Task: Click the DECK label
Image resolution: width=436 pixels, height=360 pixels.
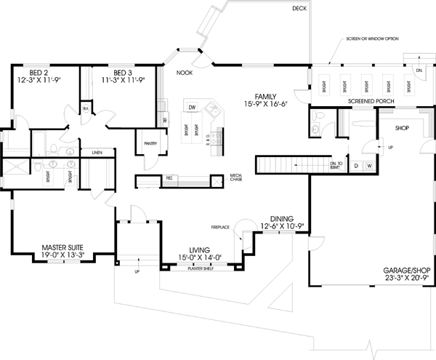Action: tap(299, 9)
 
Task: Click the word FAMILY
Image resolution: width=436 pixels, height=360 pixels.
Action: tap(266, 96)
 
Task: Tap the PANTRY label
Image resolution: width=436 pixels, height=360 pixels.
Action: tap(151, 143)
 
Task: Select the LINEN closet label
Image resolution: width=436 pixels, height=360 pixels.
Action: tap(97, 153)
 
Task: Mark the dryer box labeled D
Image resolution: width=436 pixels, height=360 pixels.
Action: tap(356, 166)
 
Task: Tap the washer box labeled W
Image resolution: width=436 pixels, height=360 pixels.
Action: tap(369, 166)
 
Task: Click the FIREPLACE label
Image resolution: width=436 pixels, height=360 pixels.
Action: tap(221, 228)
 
